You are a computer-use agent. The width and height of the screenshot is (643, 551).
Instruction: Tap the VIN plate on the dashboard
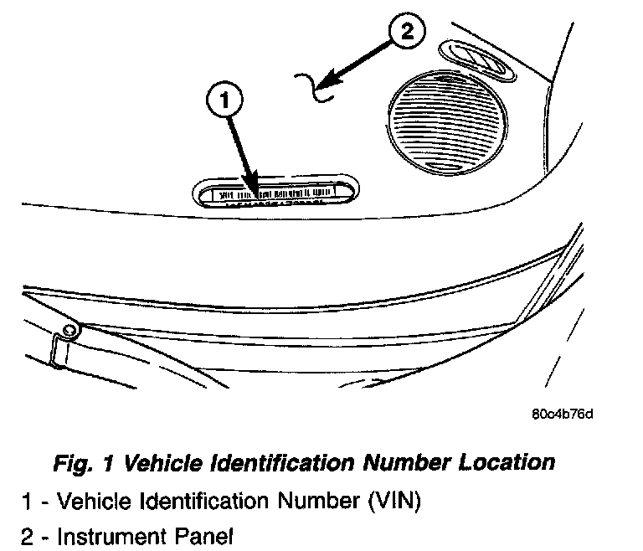(x=276, y=192)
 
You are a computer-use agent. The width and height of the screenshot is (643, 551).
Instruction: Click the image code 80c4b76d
(x=566, y=415)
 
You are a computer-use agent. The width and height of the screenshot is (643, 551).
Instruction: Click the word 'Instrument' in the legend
(x=105, y=535)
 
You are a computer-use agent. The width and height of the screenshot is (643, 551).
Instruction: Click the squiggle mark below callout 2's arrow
(x=316, y=86)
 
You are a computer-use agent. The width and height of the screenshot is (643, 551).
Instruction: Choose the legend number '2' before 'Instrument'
(x=28, y=535)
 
